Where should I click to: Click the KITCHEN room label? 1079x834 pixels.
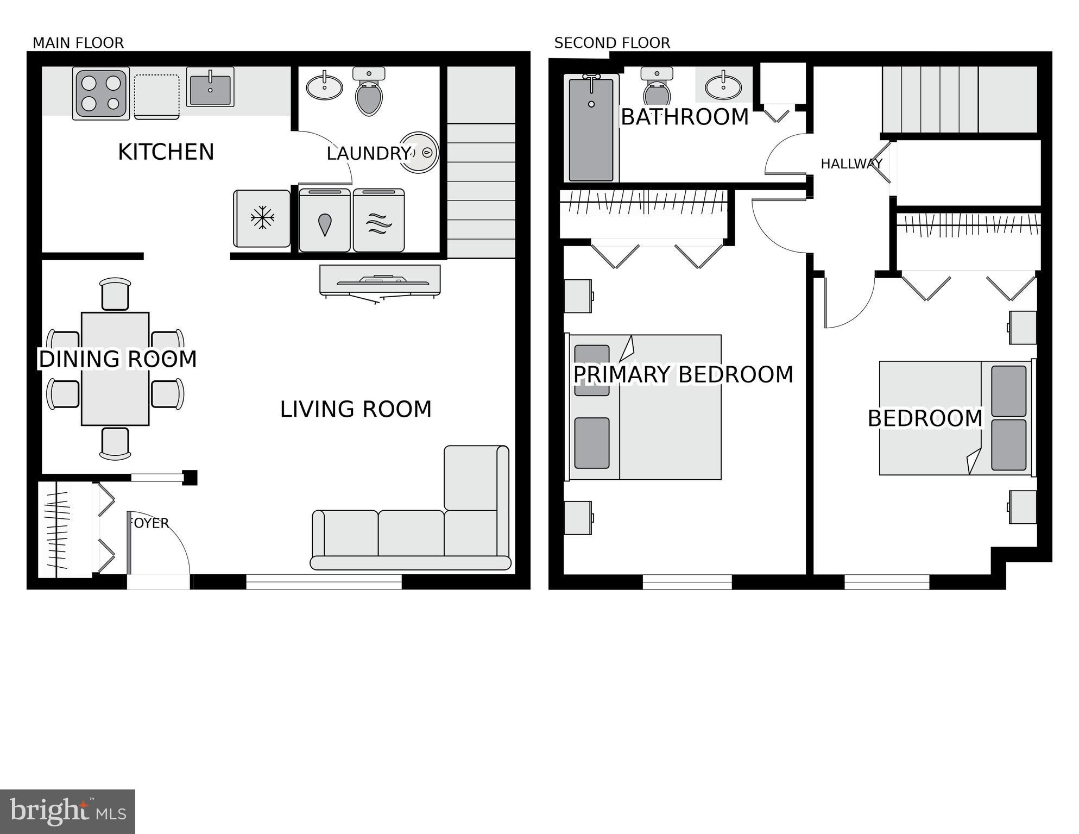166,152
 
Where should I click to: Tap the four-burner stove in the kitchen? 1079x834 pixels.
101,93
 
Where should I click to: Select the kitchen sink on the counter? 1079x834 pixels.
210,87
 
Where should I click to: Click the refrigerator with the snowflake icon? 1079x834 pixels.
262,218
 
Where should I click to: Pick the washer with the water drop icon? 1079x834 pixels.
325,221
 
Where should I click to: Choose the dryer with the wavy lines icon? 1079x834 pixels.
378,221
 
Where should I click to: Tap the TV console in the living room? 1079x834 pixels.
380,281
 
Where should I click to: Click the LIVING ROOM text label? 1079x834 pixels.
356,409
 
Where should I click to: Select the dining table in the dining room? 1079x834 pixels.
115,368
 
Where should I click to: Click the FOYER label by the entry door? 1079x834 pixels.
149,523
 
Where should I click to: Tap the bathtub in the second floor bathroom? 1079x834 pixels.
591,129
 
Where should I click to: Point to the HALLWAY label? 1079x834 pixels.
851,164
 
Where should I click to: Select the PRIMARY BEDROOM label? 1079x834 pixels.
683,375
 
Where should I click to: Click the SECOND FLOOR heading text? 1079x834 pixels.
612,43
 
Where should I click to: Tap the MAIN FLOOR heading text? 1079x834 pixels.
78,43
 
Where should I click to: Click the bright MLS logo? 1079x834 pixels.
67,811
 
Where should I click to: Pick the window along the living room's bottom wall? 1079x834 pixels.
324,582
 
